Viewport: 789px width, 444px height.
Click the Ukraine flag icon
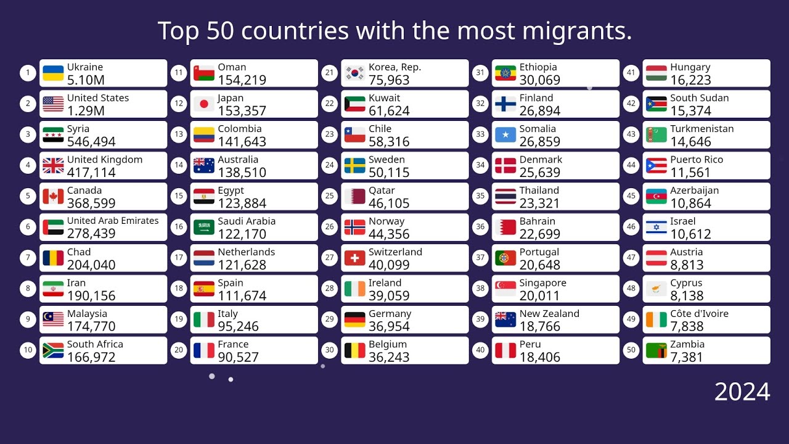click(53, 73)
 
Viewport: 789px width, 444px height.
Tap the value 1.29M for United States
click(86, 111)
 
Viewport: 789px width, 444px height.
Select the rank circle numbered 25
click(330, 196)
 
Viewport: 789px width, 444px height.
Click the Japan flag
click(204, 104)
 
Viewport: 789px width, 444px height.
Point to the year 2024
click(742, 392)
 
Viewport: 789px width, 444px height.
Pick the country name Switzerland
click(395, 252)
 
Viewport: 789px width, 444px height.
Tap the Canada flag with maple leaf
click(53, 197)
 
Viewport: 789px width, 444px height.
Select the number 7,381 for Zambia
click(687, 358)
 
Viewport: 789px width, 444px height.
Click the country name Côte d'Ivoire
click(699, 313)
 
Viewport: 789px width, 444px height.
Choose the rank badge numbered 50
click(631, 350)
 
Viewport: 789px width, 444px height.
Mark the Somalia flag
click(505, 135)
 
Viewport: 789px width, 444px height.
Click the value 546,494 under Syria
click(91, 142)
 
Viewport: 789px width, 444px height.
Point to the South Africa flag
click(53, 351)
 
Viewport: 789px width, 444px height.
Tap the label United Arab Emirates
click(113, 221)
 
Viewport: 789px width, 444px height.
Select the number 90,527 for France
click(238, 358)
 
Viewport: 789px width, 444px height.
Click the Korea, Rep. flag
click(354, 73)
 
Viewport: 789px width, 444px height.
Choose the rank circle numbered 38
click(481, 289)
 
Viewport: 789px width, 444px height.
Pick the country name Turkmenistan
click(701, 128)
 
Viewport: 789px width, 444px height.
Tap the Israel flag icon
click(656, 228)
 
